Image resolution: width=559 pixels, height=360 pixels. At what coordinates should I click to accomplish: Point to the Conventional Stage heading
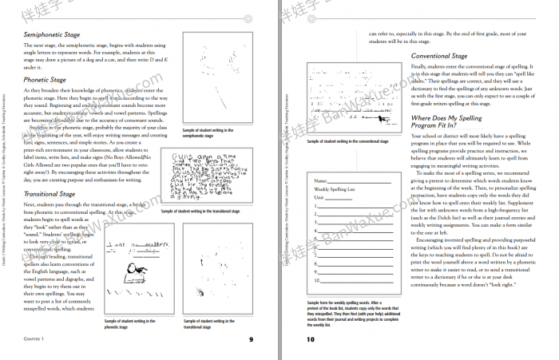pyautogui.click(x=438, y=57)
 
